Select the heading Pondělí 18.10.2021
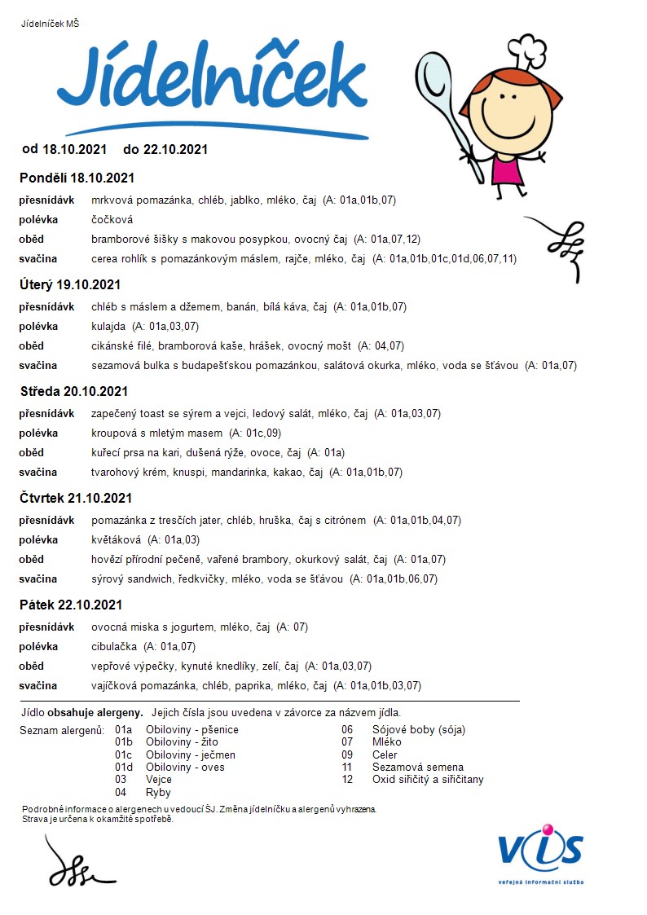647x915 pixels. click(77, 178)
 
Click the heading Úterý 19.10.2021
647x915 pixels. click(70, 284)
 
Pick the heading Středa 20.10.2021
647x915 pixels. click(74, 391)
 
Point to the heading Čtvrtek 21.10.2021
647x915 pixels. click(76, 498)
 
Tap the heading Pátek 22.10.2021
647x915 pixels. click(71, 605)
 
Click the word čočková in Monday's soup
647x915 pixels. click(112, 219)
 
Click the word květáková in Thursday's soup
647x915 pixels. click(117, 539)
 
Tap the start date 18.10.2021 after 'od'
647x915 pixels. click(75, 149)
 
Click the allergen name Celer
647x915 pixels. click(386, 754)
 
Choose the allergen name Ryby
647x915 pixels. click(158, 792)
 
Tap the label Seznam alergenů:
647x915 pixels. click(62, 730)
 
